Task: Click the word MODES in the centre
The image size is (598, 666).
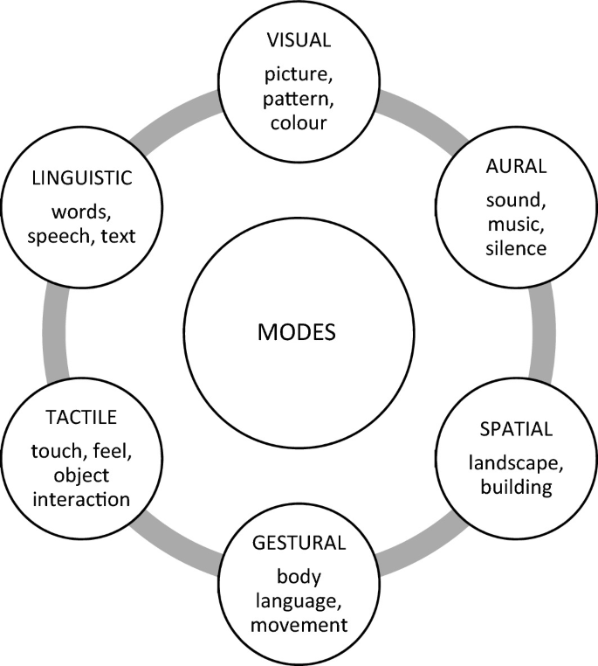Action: (x=299, y=333)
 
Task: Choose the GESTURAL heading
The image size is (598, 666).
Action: (x=299, y=542)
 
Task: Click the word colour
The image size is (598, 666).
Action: (x=299, y=121)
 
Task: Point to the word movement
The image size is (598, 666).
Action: (x=299, y=625)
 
